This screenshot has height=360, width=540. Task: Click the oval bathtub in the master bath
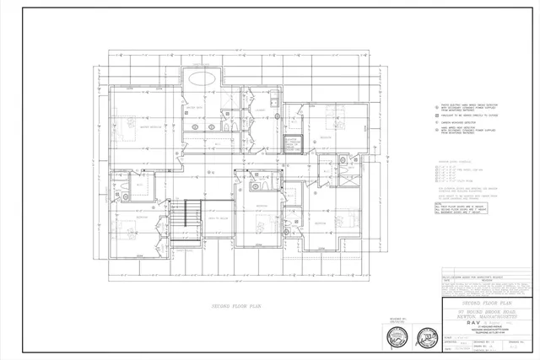point(202,78)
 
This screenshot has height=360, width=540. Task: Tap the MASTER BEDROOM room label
point(150,126)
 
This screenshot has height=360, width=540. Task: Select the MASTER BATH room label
point(193,108)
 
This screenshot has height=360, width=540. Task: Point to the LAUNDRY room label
point(261,110)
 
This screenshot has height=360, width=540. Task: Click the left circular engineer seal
point(394,337)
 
